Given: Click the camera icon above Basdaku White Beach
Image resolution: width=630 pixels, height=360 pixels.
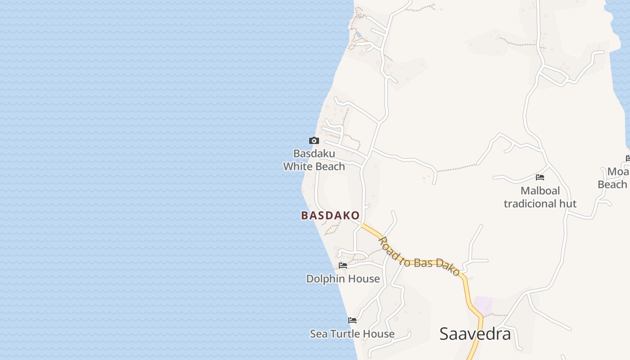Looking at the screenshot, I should [x=314, y=141].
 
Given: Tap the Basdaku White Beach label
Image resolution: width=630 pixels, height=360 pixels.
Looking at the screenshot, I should [x=314, y=160].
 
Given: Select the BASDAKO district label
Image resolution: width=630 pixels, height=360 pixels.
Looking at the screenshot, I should [x=330, y=216].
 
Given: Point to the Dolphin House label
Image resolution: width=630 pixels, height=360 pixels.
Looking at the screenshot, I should [x=343, y=279].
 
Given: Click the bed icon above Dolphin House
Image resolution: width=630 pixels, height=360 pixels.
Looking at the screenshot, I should [x=343, y=265].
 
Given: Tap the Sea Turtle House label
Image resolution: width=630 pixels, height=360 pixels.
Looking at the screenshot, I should [x=352, y=334].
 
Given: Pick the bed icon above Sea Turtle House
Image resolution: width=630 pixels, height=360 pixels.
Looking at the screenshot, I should [x=352, y=320].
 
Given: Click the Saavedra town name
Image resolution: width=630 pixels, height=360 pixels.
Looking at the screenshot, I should [x=475, y=334].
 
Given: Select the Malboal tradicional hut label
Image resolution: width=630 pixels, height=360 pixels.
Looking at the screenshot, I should [x=540, y=197].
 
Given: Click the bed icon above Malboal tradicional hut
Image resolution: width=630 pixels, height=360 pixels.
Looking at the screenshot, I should [x=540, y=177].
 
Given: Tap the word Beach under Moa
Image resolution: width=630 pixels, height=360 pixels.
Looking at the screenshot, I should [x=612, y=184].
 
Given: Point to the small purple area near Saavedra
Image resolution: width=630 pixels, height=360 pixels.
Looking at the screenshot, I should [x=484, y=305].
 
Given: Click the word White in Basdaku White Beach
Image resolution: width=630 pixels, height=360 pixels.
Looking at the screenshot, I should [x=298, y=166].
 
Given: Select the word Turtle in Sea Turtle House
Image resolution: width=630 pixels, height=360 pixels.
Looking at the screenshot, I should [x=346, y=334].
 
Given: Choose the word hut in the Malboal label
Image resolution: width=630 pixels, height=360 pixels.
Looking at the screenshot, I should [x=567, y=204].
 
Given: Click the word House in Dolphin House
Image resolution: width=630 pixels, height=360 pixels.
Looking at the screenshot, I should [x=364, y=279].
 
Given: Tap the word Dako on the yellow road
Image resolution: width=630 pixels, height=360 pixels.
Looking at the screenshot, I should [x=448, y=267].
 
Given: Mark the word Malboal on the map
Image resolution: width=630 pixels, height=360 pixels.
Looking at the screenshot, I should [x=540, y=191].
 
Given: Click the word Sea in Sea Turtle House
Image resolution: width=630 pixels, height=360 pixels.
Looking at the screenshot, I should [x=319, y=334].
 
